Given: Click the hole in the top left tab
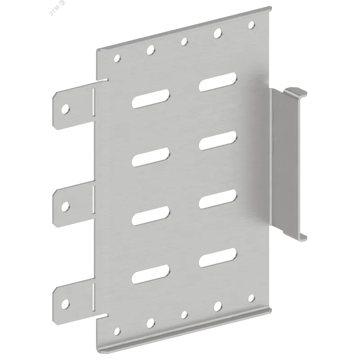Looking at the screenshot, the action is coord(65,109).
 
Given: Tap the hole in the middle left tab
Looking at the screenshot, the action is coord(65,206).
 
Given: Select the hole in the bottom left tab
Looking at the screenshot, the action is coord(65,303).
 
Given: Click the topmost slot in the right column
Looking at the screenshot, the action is coord(218,82).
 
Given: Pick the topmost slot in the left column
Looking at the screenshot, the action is coord(151,99).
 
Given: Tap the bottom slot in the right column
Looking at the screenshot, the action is coord(218,257).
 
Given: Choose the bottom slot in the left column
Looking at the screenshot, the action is coord(151,274).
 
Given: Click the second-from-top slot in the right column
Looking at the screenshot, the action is coord(218,140).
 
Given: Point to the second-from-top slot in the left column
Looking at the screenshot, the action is coord(151,157).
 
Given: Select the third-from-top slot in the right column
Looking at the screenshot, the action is coord(218,199).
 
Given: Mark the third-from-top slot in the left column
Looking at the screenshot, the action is coord(151,216).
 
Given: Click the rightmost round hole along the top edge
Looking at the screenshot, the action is coord(252,25).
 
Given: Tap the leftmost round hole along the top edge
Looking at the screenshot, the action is coord(117,58).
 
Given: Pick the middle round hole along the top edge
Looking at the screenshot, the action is coord(184,41).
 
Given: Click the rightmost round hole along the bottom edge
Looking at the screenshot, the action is coord(252,298).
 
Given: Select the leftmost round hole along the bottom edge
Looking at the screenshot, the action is coord(117,331).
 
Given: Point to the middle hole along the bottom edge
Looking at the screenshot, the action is coord(184,315).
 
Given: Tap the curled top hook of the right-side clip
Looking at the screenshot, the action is coord(295,92).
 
